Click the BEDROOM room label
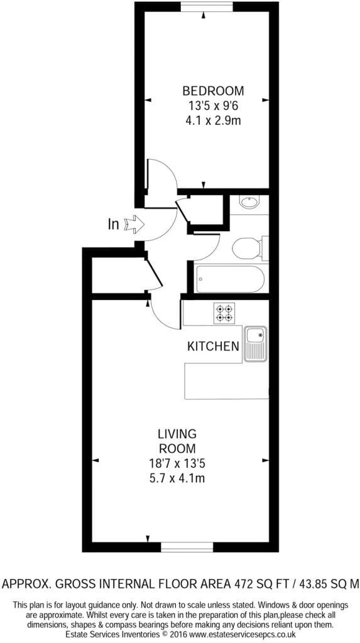click(x=212, y=90)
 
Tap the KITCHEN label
click(x=213, y=346)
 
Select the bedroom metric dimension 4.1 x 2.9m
click(x=213, y=121)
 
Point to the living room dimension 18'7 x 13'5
click(x=177, y=464)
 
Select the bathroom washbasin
click(x=249, y=202)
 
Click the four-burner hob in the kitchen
click(x=224, y=313)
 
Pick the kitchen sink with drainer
click(x=255, y=344)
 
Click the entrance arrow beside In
click(x=134, y=224)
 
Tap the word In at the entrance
click(x=113, y=224)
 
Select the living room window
click(x=187, y=547)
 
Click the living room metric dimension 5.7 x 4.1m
click(x=177, y=478)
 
